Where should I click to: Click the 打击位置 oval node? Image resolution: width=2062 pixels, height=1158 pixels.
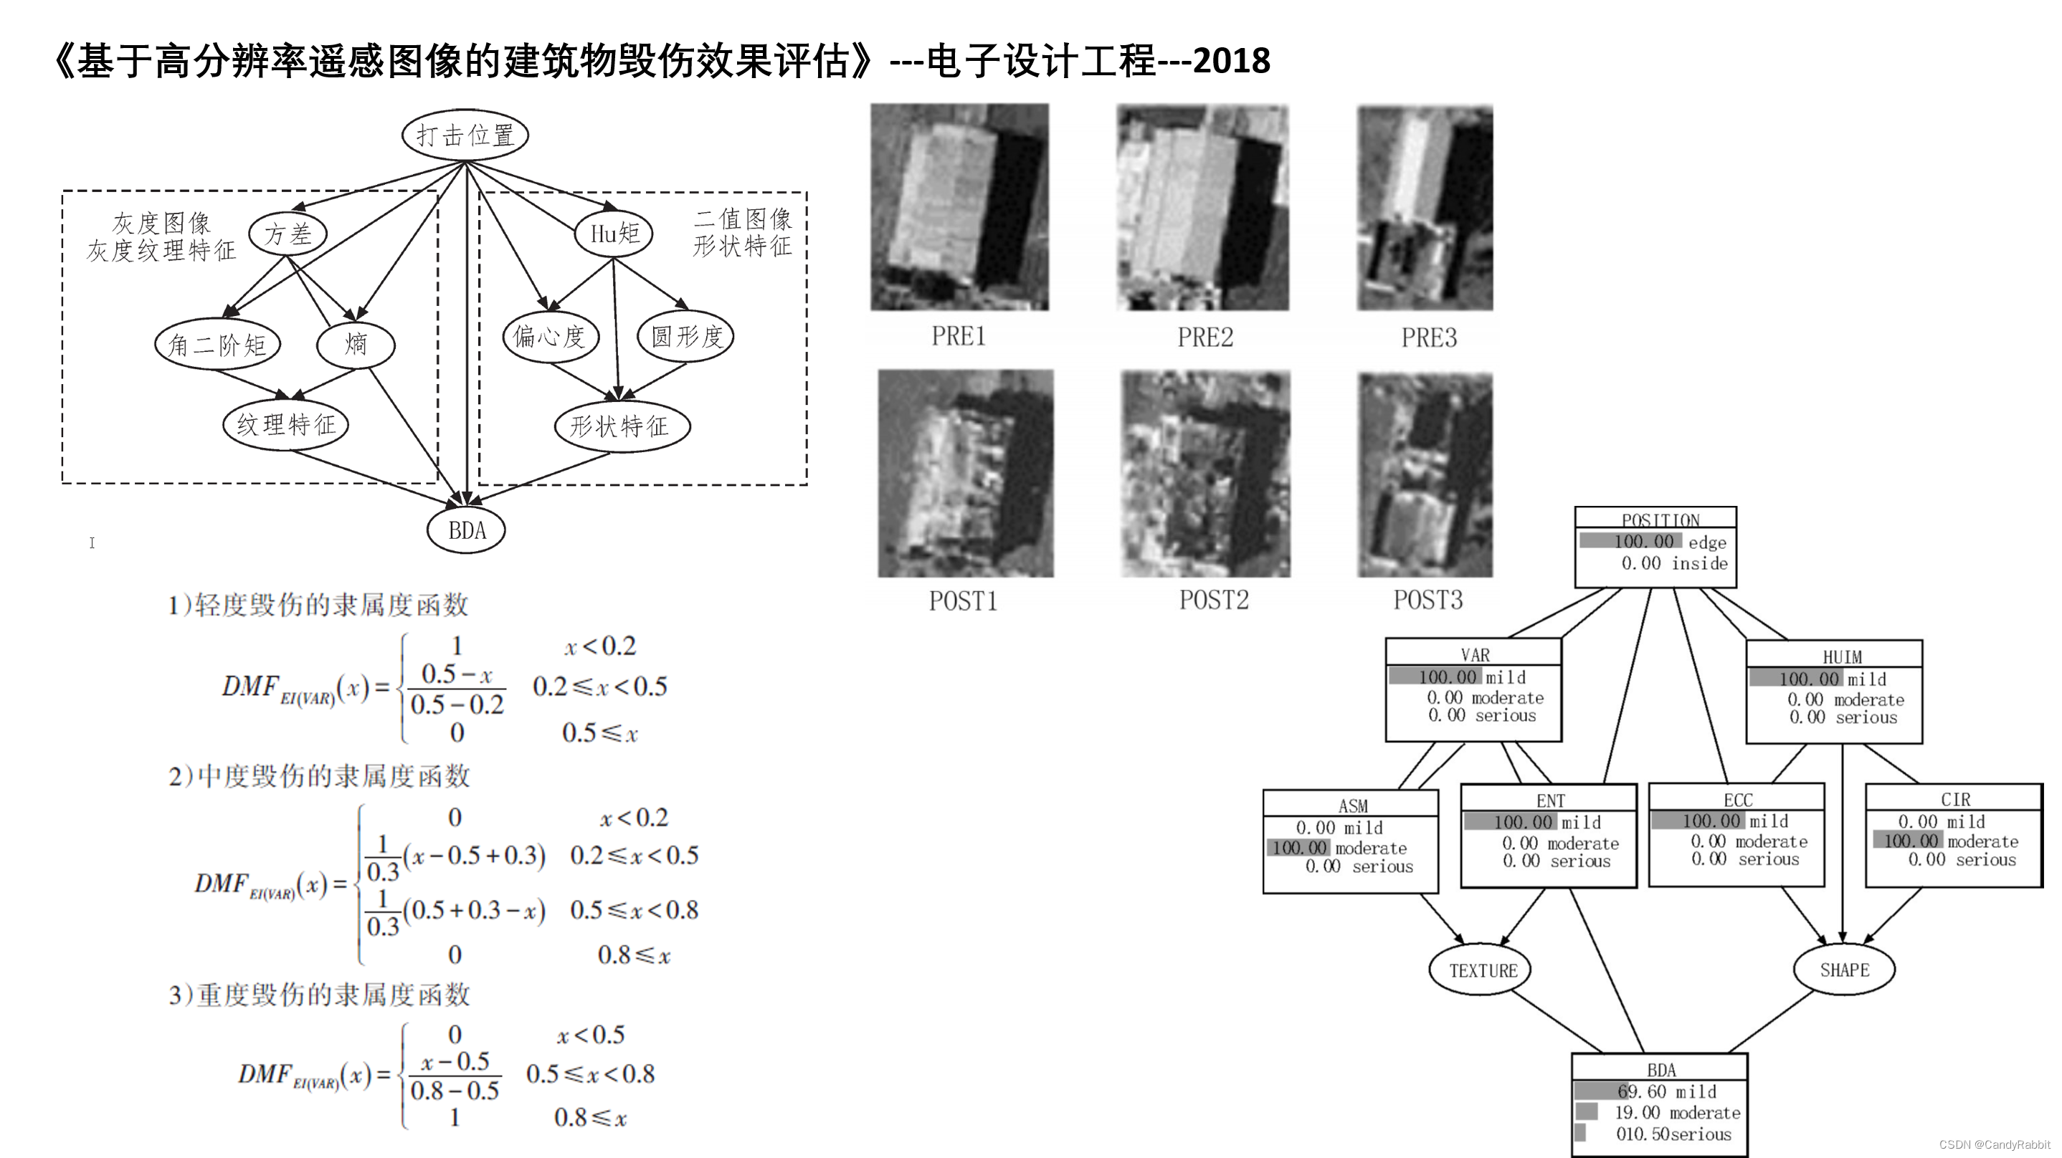coord(465,135)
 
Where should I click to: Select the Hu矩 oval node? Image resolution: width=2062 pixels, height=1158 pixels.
coord(614,234)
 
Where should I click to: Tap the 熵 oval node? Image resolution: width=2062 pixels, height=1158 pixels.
coord(356,344)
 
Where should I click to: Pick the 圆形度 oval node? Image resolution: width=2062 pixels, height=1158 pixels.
coord(686,336)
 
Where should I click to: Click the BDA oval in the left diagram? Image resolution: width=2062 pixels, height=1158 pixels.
coord(466,530)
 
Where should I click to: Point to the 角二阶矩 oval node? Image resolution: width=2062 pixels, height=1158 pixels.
coord(217,345)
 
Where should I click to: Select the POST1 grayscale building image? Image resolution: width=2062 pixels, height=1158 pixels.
coord(965,473)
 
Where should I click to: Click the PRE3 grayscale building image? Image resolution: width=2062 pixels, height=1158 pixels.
coord(1425,208)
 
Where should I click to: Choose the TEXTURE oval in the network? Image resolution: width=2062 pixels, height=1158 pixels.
coord(1483,971)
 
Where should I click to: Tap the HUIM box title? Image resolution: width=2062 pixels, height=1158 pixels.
coord(1842,657)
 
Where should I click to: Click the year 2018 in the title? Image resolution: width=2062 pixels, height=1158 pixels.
coord(1231,61)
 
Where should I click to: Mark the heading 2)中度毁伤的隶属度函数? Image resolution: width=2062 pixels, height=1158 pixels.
coord(318,775)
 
